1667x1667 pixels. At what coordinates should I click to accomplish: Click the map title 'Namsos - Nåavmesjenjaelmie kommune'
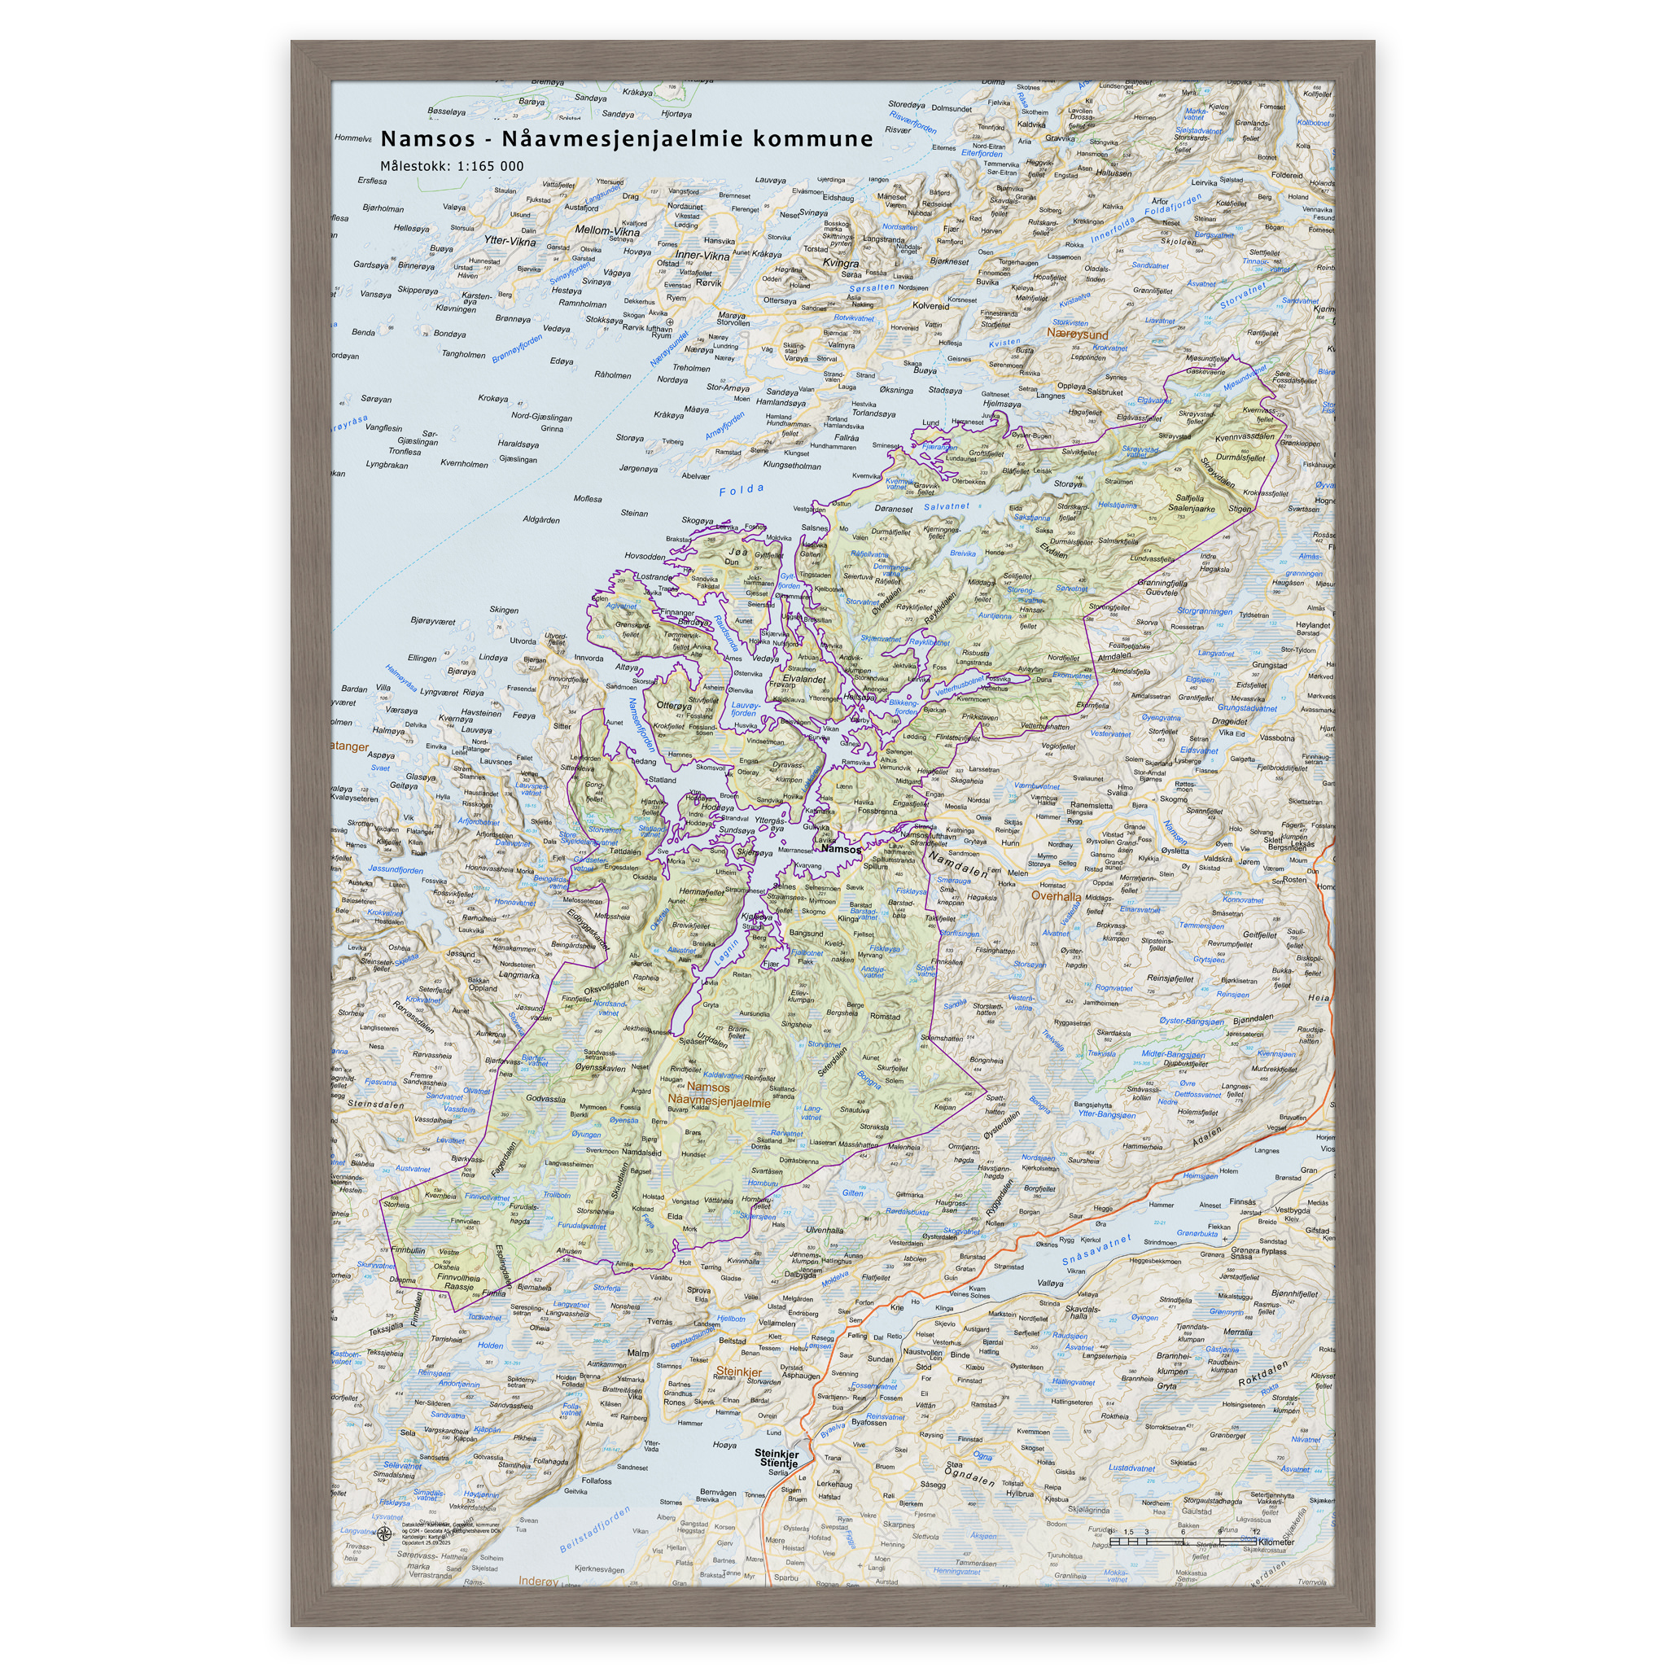tap(627, 139)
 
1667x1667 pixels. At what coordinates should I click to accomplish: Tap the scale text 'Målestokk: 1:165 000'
tap(452, 166)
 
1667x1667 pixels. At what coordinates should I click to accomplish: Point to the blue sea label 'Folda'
tap(742, 490)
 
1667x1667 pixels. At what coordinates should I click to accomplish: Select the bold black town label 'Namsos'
tap(840, 849)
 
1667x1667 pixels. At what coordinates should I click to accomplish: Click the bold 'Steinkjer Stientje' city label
tap(777, 1457)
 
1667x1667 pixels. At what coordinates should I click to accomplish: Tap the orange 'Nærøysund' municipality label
tap(1078, 333)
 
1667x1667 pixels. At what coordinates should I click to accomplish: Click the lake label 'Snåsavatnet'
tap(1096, 1250)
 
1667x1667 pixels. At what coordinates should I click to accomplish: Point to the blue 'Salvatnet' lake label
tap(946, 506)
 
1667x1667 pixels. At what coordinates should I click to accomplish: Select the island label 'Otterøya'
tap(674, 705)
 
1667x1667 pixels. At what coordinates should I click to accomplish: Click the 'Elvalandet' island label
tap(804, 678)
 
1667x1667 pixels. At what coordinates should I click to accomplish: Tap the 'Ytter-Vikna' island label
tap(509, 242)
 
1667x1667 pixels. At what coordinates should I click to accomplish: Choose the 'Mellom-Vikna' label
tap(607, 231)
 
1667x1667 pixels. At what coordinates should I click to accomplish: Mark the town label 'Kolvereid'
tap(930, 305)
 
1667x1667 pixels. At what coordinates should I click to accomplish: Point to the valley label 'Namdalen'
tap(958, 864)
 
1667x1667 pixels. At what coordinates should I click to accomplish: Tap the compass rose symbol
tap(385, 1533)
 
